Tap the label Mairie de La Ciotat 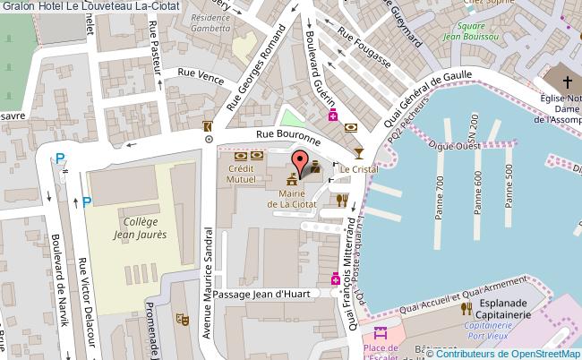[293, 198]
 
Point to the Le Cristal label [355, 168]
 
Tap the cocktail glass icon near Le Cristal [359, 152]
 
